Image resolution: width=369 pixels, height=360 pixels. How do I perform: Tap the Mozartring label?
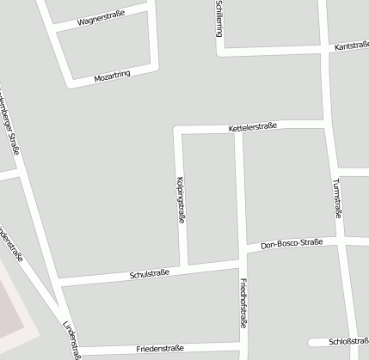(x=112, y=76)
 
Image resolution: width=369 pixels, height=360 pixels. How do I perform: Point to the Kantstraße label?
(x=351, y=45)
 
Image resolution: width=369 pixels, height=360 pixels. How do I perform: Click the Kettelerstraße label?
(x=253, y=127)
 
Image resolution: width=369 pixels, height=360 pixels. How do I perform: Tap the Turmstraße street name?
(x=336, y=198)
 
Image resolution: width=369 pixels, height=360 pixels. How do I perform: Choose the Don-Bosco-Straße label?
(x=292, y=244)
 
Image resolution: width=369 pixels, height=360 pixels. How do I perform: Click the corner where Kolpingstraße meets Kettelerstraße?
(x=178, y=131)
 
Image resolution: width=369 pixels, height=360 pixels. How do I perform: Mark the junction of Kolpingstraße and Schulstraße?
(x=184, y=266)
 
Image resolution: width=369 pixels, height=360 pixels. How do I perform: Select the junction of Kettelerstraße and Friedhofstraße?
(x=240, y=129)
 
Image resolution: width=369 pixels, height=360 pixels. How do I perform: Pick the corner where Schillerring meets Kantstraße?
(x=220, y=52)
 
